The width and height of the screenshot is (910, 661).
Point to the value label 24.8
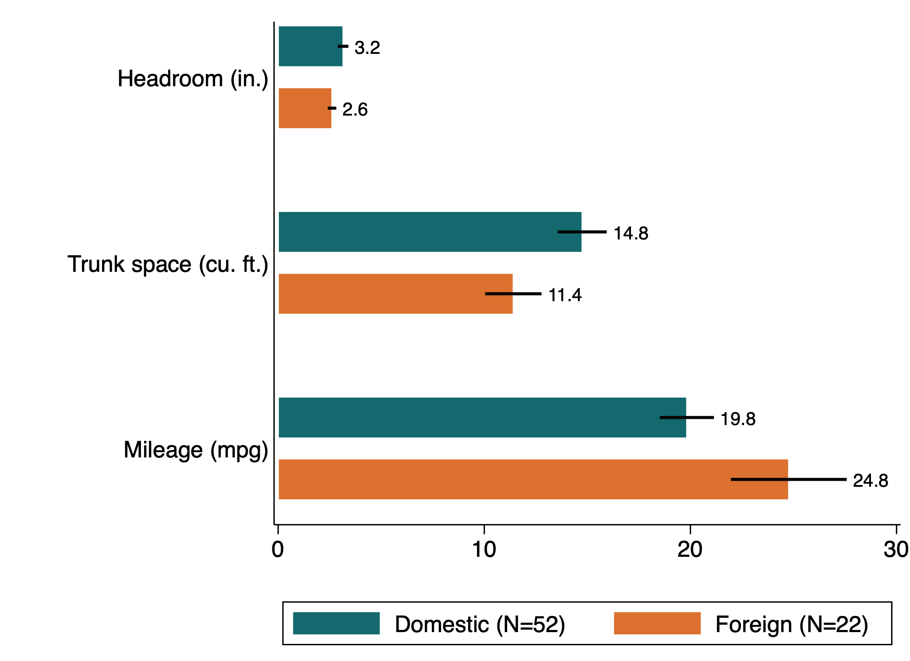[x=870, y=481]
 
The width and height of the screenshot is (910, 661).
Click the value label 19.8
[x=738, y=419]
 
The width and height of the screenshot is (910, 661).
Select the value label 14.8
[x=631, y=233]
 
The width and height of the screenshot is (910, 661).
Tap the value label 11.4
[x=565, y=295]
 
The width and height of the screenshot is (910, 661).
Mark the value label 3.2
[x=367, y=48]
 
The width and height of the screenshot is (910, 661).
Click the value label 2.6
[x=355, y=109]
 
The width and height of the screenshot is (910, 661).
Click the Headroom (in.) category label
[x=193, y=79]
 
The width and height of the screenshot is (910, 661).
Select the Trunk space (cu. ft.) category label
[x=168, y=264]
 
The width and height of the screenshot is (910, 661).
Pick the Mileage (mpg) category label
[x=196, y=450]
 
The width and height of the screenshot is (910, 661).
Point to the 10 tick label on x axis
[x=484, y=549]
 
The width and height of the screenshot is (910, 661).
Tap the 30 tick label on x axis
[x=896, y=549]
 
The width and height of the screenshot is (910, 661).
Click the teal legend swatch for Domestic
[x=336, y=623]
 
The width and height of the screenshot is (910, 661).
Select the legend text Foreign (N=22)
[x=791, y=624]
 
